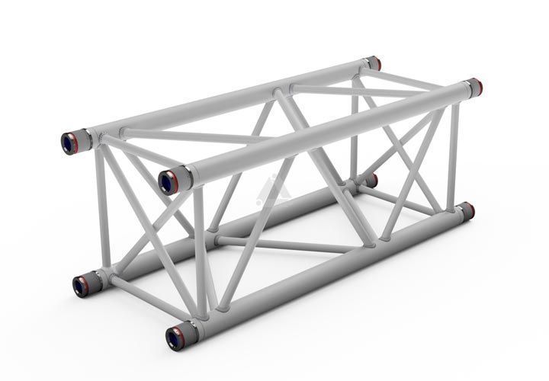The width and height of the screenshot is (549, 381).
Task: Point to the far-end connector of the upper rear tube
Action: (x=373, y=62)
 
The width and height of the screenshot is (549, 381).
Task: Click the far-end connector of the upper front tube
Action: (x=474, y=86)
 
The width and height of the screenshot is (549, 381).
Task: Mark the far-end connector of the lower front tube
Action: (x=466, y=210)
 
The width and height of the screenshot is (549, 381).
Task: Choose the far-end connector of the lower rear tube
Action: (x=371, y=181)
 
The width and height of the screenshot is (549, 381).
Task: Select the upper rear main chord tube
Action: (x=229, y=99)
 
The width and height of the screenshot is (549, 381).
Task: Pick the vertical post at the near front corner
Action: (x=199, y=251)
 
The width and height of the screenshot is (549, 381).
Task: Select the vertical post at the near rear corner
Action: (x=101, y=206)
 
